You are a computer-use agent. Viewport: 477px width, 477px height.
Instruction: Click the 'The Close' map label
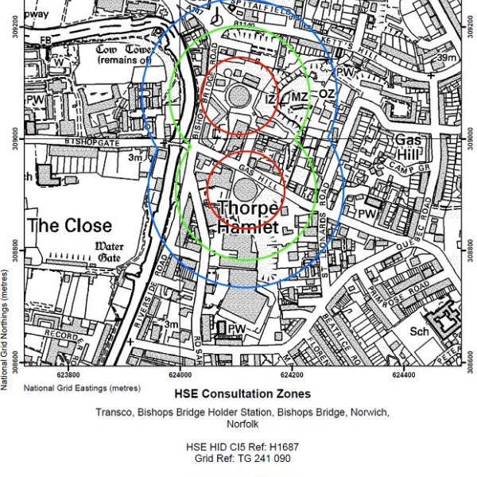(69, 225)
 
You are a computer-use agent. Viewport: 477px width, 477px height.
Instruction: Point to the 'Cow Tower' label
(124, 54)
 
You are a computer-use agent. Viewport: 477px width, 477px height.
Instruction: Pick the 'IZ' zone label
(270, 99)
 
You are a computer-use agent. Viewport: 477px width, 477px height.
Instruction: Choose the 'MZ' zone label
(299, 97)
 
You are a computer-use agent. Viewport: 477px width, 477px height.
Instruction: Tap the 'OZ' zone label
(326, 94)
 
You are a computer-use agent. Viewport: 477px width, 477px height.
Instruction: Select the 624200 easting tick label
(292, 374)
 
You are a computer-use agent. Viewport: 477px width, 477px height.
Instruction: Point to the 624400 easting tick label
(403, 374)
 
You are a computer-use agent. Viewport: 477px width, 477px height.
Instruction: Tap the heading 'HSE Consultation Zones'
(242, 394)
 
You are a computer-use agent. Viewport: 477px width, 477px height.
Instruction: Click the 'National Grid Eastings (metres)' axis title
(82, 388)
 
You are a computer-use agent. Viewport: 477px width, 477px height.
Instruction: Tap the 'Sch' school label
(419, 332)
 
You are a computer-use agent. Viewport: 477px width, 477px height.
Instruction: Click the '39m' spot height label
(446, 58)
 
